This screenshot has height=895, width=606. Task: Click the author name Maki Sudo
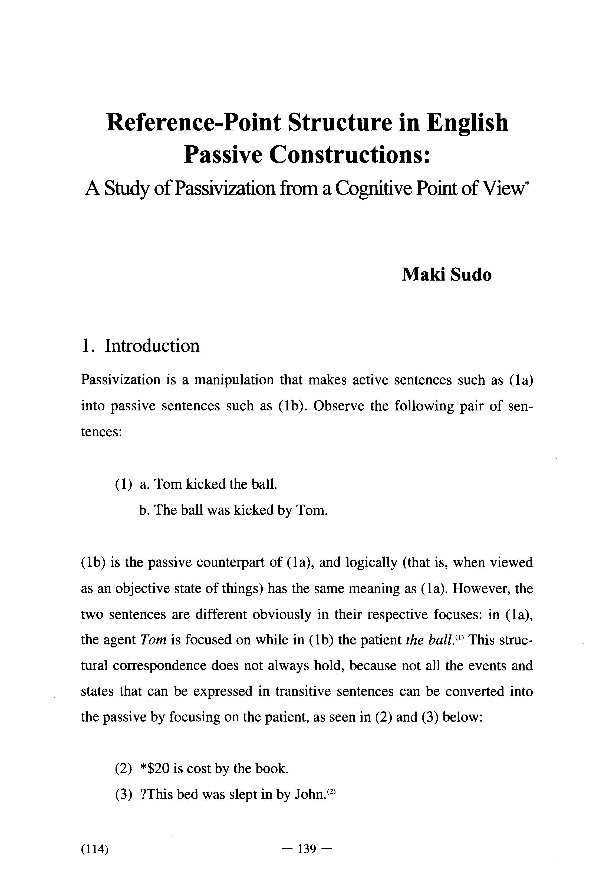pyautogui.click(x=447, y=275)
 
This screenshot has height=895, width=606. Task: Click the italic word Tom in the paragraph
pyautogui.click(x=153, y=640)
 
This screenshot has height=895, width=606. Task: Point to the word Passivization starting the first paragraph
pyautogui.click(x=120, y=380)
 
